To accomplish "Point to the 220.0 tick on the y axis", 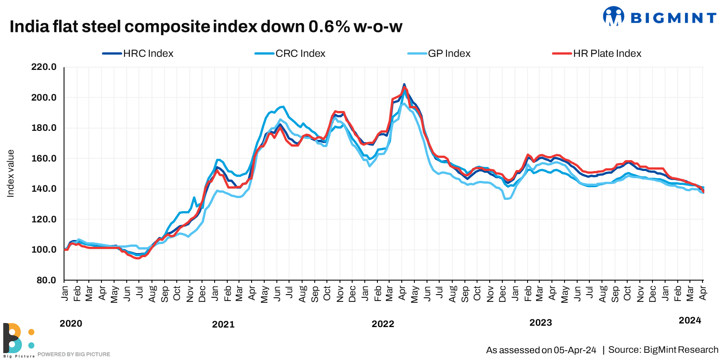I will (44, 67).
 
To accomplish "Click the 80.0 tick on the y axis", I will (46, 280).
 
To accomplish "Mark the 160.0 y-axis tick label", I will (44, 158).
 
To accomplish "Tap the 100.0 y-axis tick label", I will (44, 249).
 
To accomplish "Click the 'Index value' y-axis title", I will (10, 174).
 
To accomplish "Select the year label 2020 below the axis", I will (71, 323).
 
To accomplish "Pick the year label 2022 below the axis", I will (383, 324).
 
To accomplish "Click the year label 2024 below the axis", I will (690, 320).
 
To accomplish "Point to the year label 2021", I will (223, 324).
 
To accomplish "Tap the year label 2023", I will (541, 323).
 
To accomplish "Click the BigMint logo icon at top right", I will (613, 17).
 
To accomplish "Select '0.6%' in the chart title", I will (329, 27).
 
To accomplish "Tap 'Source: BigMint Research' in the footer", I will (663, 350).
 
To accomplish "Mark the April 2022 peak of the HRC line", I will (404, 84).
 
